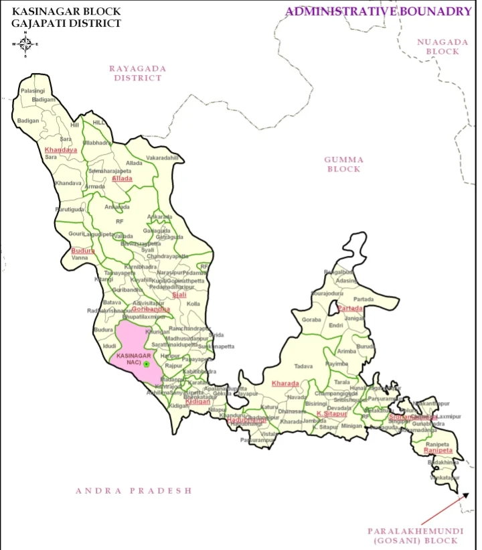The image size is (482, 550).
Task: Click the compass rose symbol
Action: point(25,44)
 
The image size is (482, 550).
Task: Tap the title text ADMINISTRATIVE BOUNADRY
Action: point(378,11)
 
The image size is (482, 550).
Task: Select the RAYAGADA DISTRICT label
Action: point(137,73)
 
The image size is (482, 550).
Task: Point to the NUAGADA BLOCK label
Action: point(438,46)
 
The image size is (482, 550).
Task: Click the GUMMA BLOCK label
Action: point(344,164)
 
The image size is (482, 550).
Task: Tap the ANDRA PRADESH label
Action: point(133,491)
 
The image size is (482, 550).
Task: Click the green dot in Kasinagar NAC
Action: point(146,364)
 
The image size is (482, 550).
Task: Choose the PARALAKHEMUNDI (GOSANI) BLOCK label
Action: point(415,535)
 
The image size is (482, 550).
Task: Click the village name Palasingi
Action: point(33,90)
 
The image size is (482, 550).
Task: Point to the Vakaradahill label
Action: point(163,157)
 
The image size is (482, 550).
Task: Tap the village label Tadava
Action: point(304,366)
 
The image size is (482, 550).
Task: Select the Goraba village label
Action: point(312,320)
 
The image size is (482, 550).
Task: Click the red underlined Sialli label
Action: point(179,294)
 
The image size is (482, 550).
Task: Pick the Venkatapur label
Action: point(445,478)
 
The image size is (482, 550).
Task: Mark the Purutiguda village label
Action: point(70,209)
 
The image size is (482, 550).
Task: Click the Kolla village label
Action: point(193,304)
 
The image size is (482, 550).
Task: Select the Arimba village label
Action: point(347,351)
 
